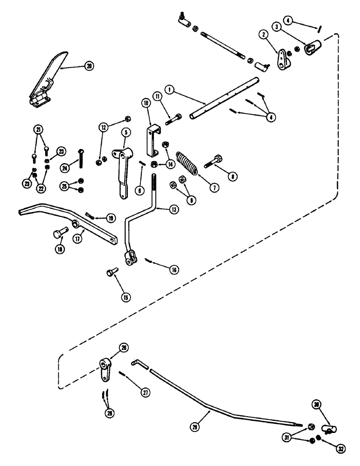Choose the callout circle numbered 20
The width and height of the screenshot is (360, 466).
pyautogui.click(x=89, y=66)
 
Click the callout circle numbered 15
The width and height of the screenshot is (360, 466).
pyautogui.click(x=127, y=297)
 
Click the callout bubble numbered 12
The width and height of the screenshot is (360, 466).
pyautogui.click(x=104, y=127)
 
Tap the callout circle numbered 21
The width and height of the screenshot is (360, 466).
pyautogui.click(x=38, y=129)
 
